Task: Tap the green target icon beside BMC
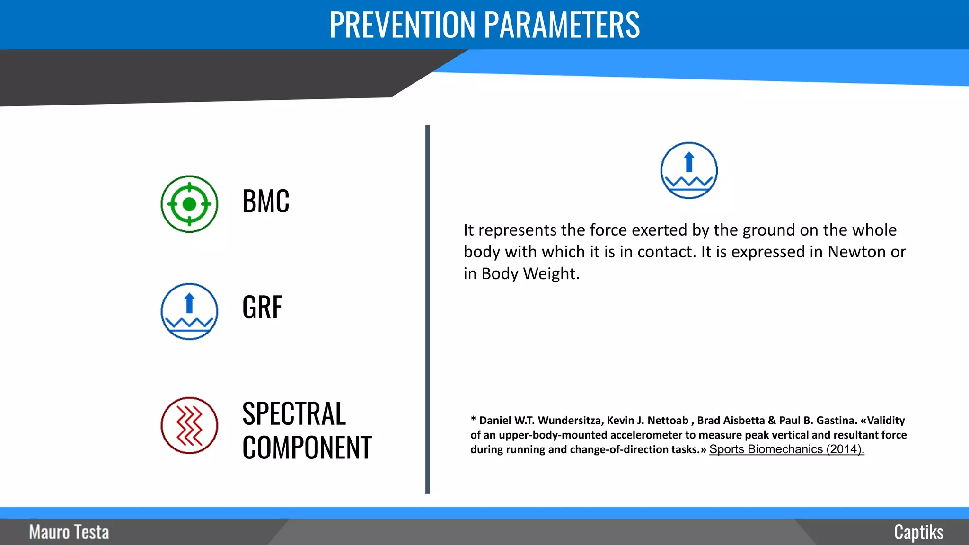click(189, 204)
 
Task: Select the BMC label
click(265, 202)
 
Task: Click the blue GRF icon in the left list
click(189, 311)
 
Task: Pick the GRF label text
click(262, 308)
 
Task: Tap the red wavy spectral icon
click(189, 425)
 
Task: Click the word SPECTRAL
click(294, 414)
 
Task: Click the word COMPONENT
click(307, 448)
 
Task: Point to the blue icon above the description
click(689, 170)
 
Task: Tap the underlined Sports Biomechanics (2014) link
click(786, 449)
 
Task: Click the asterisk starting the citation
click(473, 419)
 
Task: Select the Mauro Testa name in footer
click(69, 532)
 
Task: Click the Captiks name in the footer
click(918, 532)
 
